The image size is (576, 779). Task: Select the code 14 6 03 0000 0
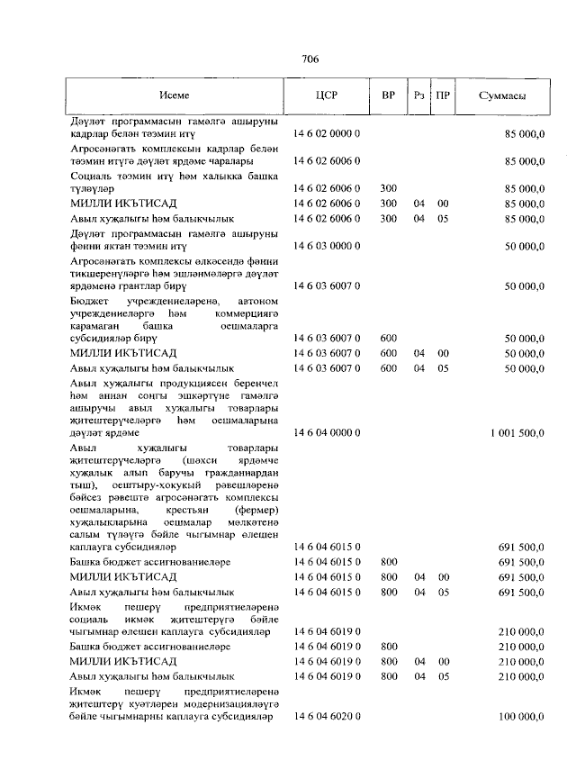point(327,245)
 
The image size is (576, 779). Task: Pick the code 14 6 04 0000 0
point(327,433)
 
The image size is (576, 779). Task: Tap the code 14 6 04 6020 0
point(327,717)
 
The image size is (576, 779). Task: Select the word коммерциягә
point(247,313)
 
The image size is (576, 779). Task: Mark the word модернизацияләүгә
point(234,703)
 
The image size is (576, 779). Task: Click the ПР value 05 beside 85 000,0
point(443,218)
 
